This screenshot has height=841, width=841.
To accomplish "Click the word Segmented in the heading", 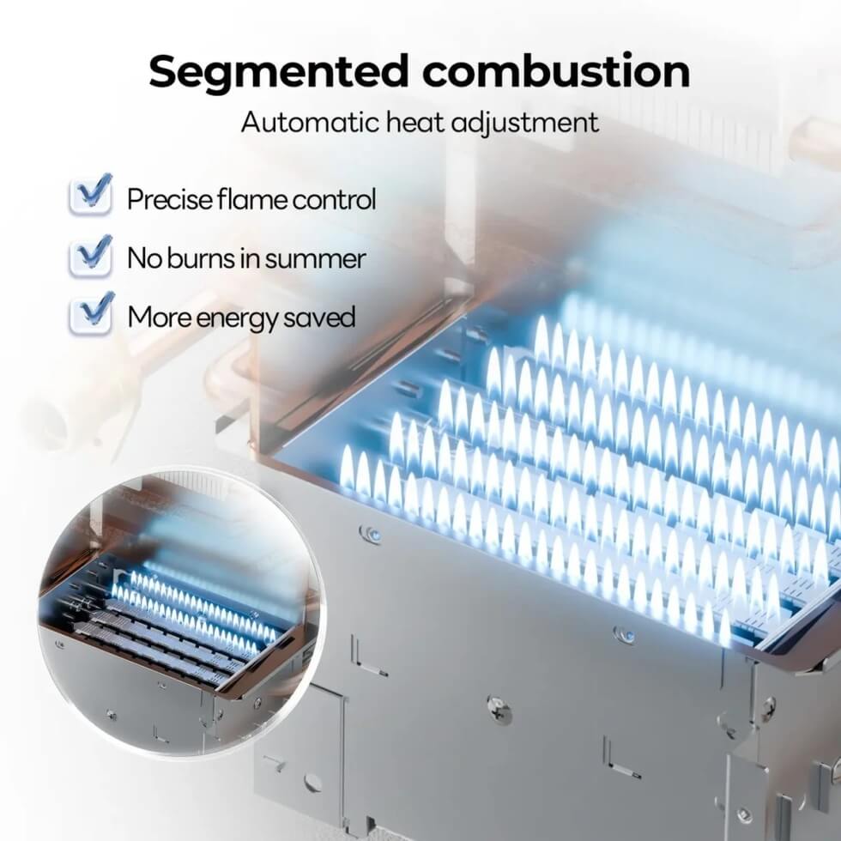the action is (279, 72).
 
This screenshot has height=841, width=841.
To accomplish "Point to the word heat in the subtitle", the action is (416, 122).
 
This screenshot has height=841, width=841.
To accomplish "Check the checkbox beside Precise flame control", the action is (91, 196).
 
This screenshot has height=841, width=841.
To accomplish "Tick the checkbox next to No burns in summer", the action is (91, 257).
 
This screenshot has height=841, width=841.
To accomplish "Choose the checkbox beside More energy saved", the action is (91, 314).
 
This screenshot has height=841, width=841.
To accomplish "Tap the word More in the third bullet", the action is (160, 317).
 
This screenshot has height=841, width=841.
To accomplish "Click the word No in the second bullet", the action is (145, 258).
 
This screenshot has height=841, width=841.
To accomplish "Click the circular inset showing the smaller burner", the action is (182, 611).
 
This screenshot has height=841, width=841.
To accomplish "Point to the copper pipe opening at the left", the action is (50, 423).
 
